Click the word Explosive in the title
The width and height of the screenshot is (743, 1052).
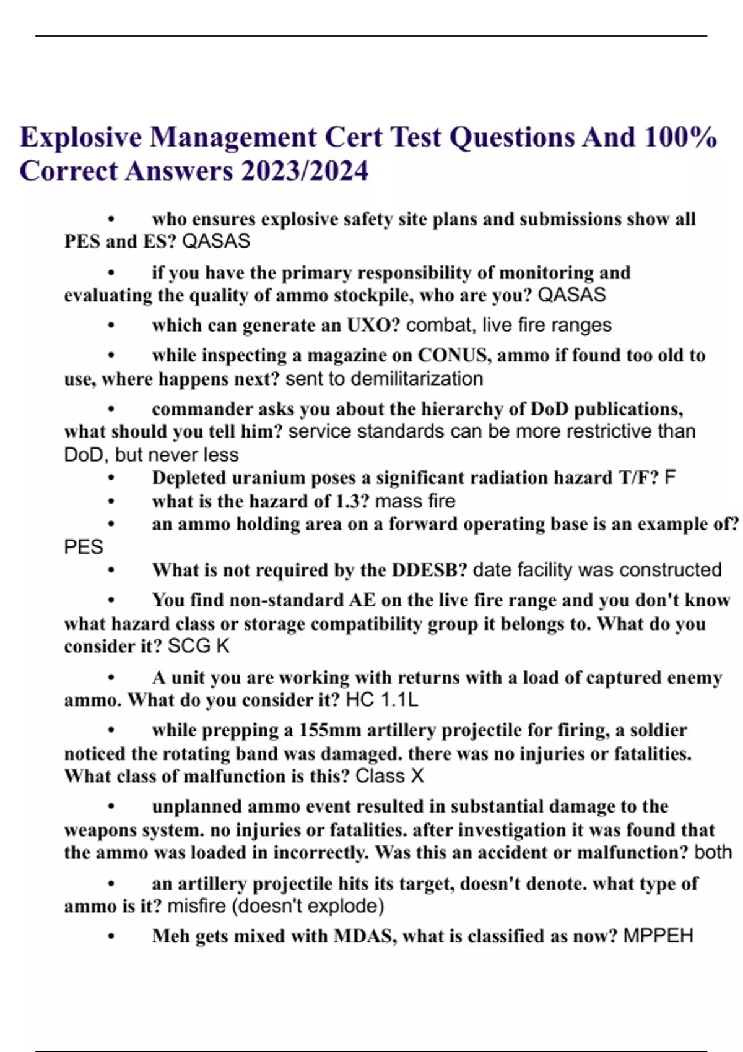pos(80,137)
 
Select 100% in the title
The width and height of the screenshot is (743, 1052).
pos(680,137)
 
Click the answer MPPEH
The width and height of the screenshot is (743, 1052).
pos(658,936)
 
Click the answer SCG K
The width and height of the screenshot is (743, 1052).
pos(198,647)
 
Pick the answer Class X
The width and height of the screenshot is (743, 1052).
pos(389,777)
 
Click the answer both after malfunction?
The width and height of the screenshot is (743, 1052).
pos(713,853)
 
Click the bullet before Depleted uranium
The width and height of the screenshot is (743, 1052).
pos(111,478)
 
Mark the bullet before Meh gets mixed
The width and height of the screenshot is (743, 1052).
pos(111,936)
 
